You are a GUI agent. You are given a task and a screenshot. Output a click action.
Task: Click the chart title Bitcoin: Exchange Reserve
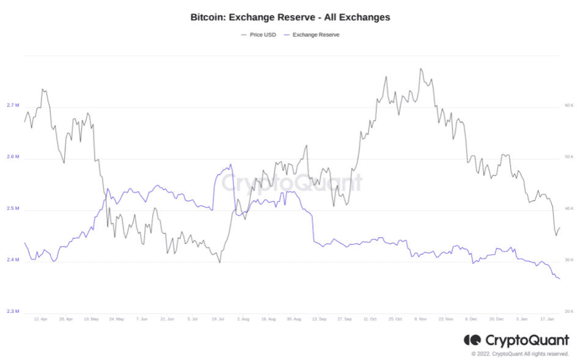(290, 17)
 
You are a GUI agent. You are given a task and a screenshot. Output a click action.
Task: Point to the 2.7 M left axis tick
(13, 106)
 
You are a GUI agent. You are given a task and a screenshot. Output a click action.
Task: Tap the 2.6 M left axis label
(13, 157)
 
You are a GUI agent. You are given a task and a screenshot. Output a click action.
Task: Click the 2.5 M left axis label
(13, 209)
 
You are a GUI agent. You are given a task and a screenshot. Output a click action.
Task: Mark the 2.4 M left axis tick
(13, 260)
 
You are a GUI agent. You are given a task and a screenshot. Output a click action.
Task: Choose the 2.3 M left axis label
(13, 312)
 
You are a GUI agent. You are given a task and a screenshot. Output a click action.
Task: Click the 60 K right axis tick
(568, 106)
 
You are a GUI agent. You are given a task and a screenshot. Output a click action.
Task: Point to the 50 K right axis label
(568, 157)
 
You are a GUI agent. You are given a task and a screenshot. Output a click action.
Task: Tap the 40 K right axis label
(568, 209)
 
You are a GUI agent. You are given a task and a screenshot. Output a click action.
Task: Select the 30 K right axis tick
(568, 260)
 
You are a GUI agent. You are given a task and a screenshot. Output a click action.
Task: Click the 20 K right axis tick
(568, 312)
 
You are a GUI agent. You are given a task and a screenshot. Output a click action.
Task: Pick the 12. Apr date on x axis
(40, 319)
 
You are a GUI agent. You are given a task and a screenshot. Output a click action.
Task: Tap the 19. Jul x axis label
(218, 319)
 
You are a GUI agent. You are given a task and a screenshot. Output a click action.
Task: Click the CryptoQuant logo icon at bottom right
(472, 340)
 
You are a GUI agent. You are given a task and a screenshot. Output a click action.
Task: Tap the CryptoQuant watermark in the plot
(291, 183)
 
